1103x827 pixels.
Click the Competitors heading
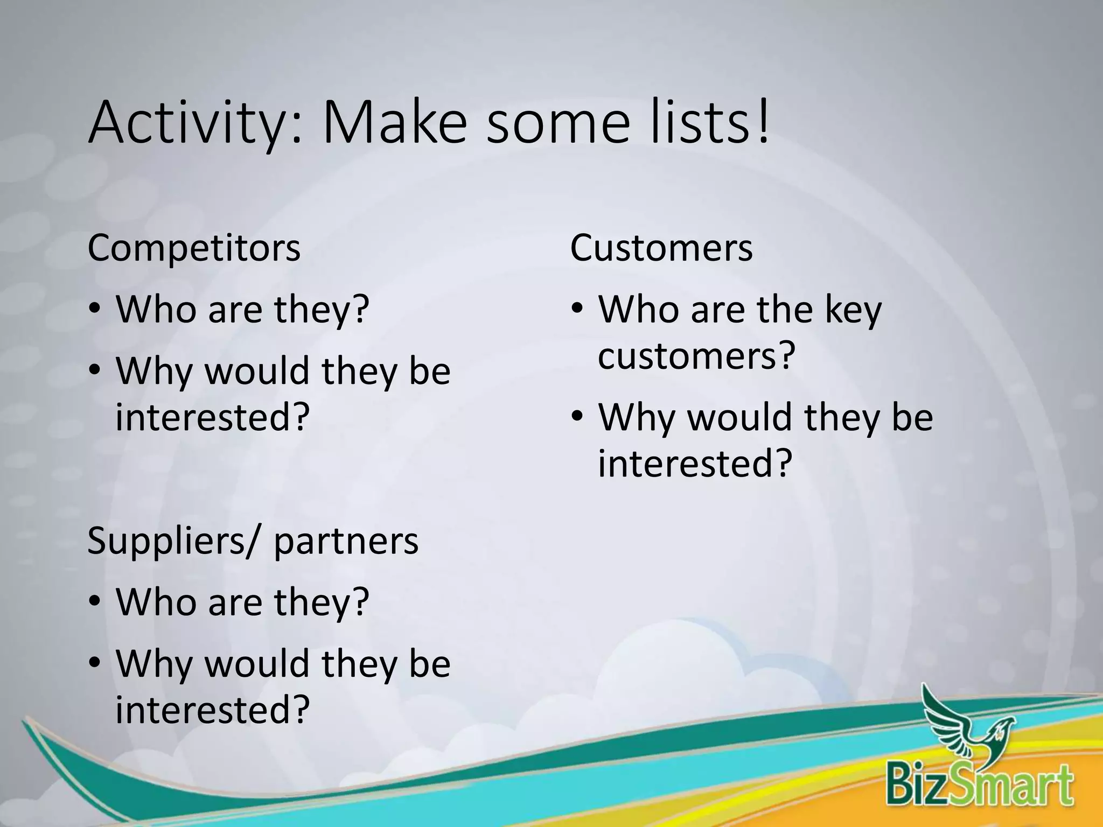194,248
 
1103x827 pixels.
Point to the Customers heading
661,248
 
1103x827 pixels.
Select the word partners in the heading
346,541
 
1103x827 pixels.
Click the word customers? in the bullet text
696,356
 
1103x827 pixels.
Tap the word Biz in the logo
916,786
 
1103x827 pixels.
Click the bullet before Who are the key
578,309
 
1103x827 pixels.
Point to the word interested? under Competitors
213,417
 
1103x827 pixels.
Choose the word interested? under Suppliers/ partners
213,710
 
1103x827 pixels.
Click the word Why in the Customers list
636,418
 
